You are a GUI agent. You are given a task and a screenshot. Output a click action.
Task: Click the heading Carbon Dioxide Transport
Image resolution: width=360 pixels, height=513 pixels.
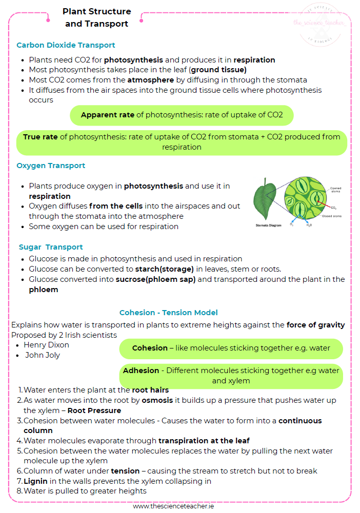66,45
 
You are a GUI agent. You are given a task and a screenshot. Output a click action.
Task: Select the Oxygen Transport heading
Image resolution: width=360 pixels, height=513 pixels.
51,166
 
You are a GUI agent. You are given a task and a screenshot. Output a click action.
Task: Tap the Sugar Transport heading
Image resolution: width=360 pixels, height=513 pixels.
51,247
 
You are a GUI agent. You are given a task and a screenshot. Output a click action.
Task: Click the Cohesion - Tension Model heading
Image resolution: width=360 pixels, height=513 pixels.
169,313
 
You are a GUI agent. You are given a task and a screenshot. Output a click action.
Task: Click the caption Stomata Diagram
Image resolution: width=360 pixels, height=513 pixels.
268,225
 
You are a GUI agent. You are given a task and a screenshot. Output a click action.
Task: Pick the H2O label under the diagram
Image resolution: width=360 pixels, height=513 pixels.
309,225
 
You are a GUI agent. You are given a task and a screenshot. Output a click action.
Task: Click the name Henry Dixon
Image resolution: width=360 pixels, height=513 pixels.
46,345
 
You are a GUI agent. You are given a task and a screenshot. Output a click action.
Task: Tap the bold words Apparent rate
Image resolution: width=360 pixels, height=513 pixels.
107,115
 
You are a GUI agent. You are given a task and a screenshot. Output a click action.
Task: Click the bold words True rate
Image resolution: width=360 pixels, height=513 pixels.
41,137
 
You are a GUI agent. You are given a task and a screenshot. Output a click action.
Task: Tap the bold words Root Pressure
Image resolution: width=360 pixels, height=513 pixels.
94,411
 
